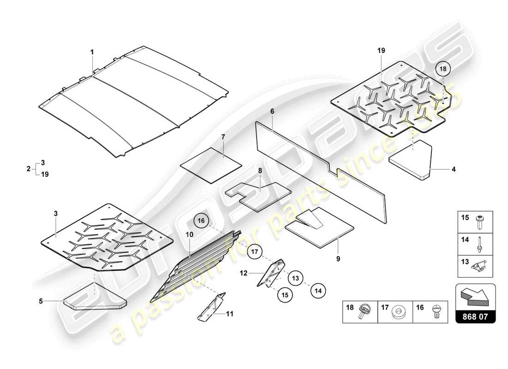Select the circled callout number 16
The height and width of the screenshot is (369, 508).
tap(201, 221)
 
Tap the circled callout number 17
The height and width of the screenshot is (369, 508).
tap(254, 252)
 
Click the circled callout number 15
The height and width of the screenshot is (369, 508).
tap(284, 295)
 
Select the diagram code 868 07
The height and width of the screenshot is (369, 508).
tap(475, 317)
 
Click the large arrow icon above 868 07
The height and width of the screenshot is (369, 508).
tap(475, 295)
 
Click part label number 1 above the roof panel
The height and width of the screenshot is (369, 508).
tap(91, 53)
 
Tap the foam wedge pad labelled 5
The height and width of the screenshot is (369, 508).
tap(94, 299)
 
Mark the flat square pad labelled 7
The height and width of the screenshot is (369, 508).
tap(212, 164)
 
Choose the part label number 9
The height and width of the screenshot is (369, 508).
tap(338, 259)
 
